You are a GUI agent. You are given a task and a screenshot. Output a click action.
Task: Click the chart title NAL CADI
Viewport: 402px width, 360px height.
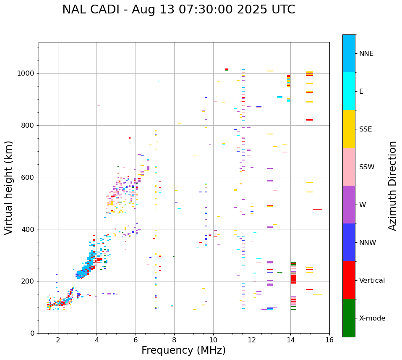(178, 10)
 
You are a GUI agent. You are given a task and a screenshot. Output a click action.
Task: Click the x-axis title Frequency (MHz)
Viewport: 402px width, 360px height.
(183, 350)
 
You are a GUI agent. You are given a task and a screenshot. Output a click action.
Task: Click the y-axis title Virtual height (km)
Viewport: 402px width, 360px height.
(9, 188)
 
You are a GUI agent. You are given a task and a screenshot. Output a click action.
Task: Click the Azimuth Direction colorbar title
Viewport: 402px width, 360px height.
(392, 186)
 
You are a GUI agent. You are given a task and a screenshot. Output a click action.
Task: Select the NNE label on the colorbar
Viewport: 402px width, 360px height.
(366, 54)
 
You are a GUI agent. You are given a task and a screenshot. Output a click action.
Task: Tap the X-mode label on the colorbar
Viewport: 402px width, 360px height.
(372, 318)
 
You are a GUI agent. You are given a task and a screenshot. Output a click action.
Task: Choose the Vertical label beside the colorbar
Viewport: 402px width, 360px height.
(372, 281)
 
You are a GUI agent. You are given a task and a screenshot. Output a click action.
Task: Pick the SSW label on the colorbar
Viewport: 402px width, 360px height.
(367, 167)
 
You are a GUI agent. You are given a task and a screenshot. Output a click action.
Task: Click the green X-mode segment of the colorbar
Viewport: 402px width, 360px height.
(349, 318)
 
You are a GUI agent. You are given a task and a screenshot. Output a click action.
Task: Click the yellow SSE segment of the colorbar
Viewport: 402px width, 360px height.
(349, 129)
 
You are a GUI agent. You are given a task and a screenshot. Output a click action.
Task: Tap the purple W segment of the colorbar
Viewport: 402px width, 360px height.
(349, 205)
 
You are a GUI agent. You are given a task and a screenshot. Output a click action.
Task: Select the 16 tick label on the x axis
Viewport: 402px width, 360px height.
(329, 340)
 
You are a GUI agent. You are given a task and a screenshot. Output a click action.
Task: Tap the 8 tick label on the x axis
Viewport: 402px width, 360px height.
(174, 340)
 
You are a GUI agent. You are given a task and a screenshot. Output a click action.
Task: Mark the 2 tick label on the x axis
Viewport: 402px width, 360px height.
(58, 340)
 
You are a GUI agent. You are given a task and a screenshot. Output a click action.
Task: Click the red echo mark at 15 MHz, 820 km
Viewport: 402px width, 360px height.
(310, 120)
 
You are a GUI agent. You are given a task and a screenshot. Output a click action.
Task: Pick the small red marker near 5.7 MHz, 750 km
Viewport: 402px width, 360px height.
(130, 138)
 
